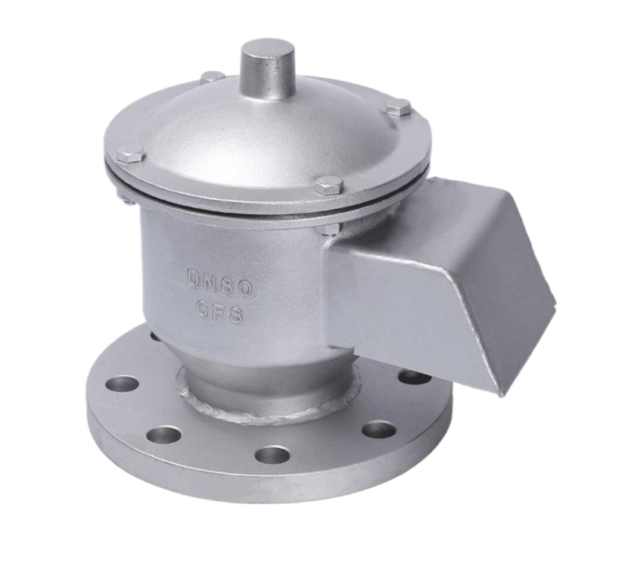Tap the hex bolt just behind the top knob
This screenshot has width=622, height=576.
[x=214, y=76]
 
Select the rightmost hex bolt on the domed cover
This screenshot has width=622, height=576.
[x=398, y=108]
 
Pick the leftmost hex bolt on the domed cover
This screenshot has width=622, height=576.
[x=129, y=154]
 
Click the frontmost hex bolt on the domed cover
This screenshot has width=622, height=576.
[x=330, y=185]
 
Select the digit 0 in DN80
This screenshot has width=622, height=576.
[x=247, y=289]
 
